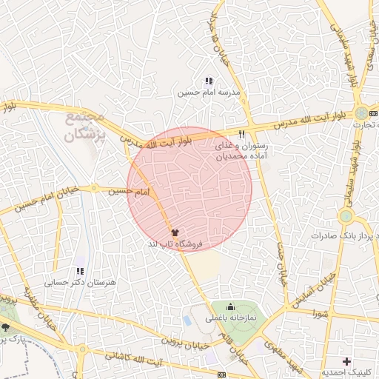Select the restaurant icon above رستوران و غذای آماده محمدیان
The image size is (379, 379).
(x=242, y=134)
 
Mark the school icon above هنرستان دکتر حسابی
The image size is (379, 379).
(x=79, y=271)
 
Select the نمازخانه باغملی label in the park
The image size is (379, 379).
(x=230, y=318)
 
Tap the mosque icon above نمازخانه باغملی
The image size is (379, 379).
(x=230, y=307)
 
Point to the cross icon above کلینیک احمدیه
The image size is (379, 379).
(x=346, y=361)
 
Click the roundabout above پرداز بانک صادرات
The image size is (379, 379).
(x=346, y=216)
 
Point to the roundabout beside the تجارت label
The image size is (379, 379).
(x=360, y=113)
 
